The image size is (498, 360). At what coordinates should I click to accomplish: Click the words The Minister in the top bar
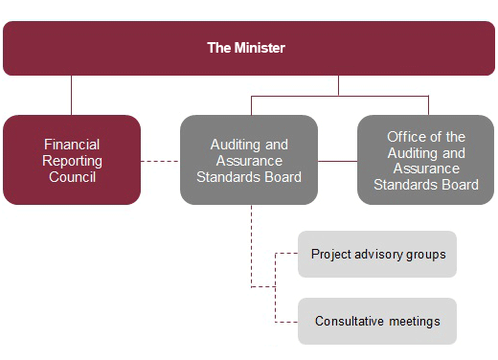point(247,47)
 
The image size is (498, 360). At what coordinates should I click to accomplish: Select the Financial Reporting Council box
point(72,159)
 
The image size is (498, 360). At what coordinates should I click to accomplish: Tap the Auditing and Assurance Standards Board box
point(249,159)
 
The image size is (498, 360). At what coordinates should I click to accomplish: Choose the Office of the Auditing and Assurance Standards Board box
point(426,159)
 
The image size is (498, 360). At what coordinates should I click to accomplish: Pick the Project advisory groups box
point(377,255)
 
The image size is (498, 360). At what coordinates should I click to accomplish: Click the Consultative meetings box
point(377,321)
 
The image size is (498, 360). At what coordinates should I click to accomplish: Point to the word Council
point(72,177)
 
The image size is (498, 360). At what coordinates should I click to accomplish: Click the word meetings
point(415,321)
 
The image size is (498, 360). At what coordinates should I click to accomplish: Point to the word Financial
point(72,143)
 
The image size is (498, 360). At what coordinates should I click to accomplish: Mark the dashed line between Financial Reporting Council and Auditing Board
point(160,160)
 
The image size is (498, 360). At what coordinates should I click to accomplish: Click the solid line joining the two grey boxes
point(337,160)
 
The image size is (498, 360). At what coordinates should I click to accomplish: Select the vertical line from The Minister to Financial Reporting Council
point(72,95)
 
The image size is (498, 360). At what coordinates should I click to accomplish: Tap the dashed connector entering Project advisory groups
point(286,254)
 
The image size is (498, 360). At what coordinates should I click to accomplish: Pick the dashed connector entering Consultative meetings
point(286,321)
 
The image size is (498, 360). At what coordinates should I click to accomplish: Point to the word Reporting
point(72,160)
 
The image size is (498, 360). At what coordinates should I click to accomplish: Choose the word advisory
point(379,255)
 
